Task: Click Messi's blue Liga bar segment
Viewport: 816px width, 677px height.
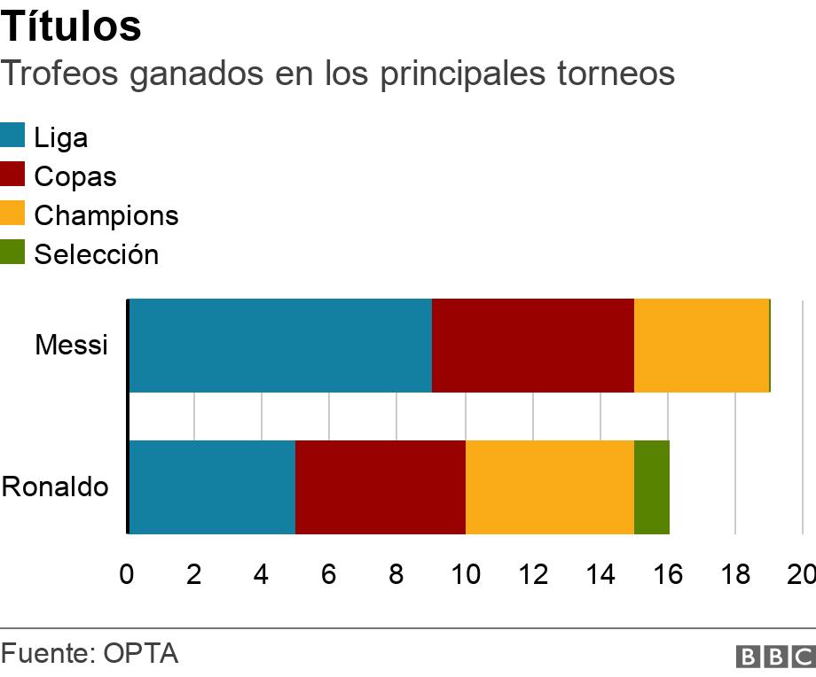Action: [280, 346]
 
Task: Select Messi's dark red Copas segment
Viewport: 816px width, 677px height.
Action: [533, 346]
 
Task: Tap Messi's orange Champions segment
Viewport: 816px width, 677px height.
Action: [701, 346]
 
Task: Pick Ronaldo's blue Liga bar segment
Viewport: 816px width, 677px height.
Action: [212, 486]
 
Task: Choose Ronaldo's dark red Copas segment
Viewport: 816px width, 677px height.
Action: [381, 486]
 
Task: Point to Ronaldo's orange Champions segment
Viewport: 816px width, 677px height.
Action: [550, 486]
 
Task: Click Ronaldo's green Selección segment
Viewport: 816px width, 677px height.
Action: [652, 486]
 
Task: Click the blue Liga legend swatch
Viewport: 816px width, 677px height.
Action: [12, 136]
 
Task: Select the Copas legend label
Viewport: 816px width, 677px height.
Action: [75, 176]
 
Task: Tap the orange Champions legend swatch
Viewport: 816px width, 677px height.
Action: [12, 214]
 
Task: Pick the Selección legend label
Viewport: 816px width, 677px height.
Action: [96, 254]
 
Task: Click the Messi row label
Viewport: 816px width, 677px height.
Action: [71, 345]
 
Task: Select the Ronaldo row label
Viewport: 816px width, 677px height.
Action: [55, 486]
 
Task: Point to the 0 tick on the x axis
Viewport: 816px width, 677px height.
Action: [127, 574]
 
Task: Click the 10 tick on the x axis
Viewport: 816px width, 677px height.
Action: [466, 574]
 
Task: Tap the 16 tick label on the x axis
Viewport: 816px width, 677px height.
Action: [668, 574]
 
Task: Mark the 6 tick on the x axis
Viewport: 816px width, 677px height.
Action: [329, 574]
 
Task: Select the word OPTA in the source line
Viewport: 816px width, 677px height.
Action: [141, 654]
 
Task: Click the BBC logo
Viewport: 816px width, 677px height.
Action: [774, 657]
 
